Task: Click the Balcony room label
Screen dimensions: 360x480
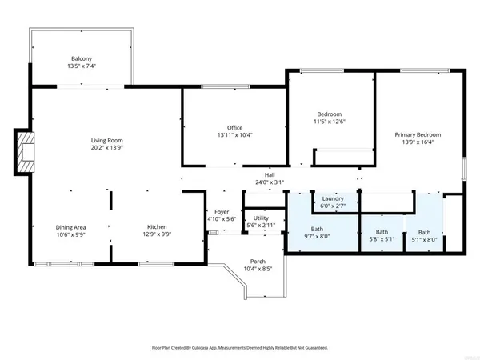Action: [x=82, y=58]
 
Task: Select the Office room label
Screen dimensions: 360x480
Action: [x=234, y=127]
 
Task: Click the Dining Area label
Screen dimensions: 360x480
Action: [x=70, y=226]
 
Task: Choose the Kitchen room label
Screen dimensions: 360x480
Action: [x=157, y=226]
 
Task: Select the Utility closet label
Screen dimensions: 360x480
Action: [x=261, y=218]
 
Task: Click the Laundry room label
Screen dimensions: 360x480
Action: [x=333, y=198]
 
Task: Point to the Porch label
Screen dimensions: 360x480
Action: [x=258, y=262]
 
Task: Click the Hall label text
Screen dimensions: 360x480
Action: [x=270, y=174]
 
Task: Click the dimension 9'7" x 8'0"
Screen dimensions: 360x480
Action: [x=316, y=236]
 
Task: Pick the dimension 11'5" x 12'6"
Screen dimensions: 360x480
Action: [x=330, y=122]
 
